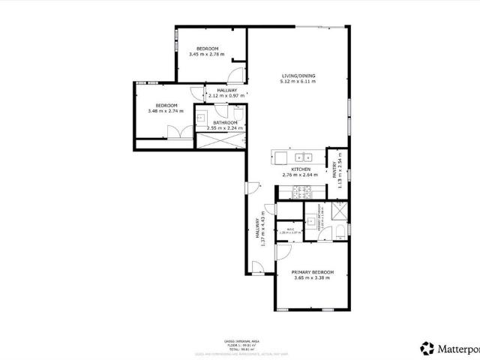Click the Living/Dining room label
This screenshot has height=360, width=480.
tap(298, 76)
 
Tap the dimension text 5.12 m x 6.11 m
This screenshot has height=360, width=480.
tap(298, 82)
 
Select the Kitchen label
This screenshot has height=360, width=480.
tap(301, 169)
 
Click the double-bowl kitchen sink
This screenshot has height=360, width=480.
tap(304, 157)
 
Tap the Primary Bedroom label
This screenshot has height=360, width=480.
tap(313, 271)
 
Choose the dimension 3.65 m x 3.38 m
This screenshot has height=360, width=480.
tap(313, 277)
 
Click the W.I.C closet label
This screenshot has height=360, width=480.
tap(289, 229)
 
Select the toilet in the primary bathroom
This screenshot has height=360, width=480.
tap(340, 230)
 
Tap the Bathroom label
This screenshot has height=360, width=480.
tap(225, 123)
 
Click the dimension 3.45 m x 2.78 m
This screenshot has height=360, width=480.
tap(207, 54)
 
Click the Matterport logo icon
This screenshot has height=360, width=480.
tap(427, 348)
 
